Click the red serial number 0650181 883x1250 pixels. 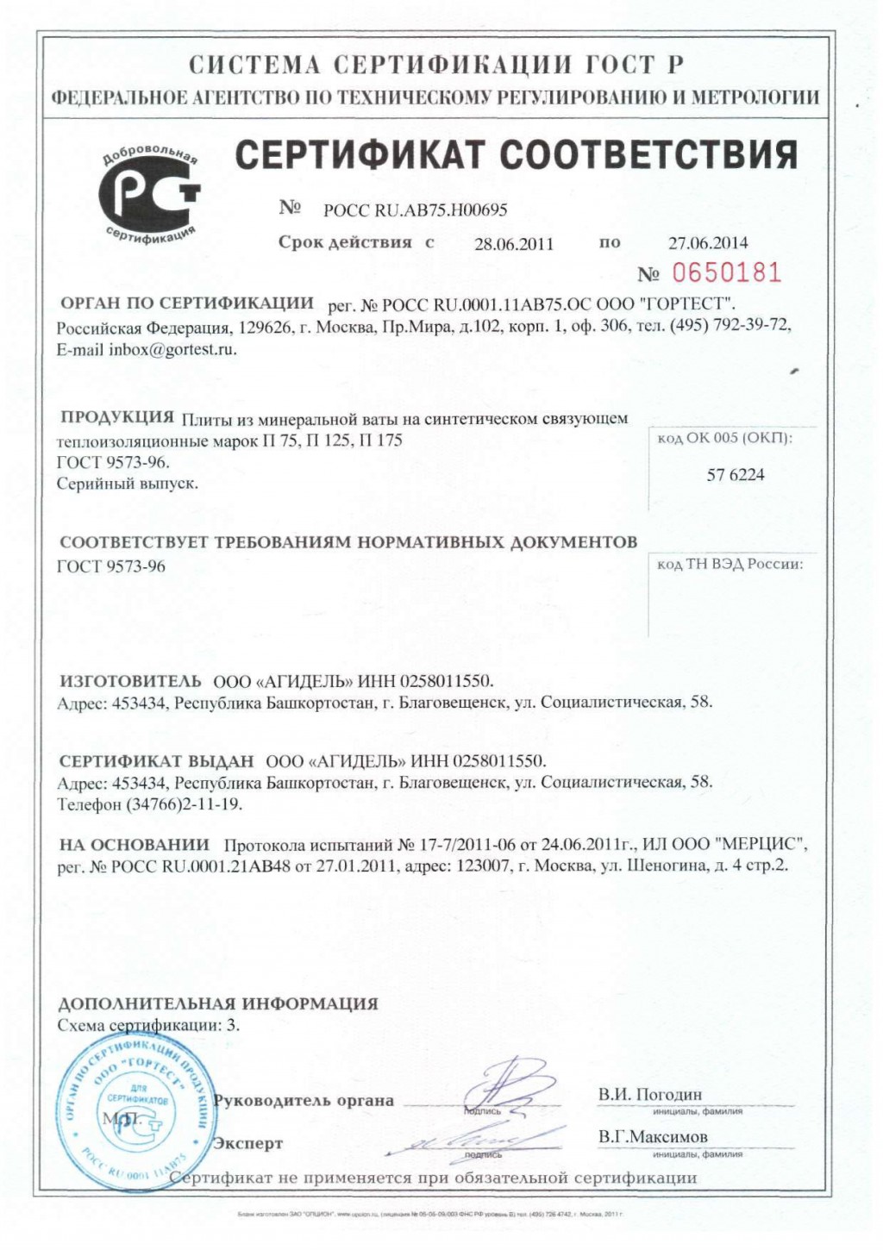tap(726, 273)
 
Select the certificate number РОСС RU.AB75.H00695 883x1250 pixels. tap(415, 209)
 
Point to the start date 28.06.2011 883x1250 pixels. tap(514, 244)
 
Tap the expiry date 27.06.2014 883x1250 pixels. tap(708, 243)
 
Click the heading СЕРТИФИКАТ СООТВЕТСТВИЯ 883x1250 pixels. tap(517, 155)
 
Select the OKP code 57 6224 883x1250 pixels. tap(736, 475)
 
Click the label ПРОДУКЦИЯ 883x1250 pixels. tap(117, 418)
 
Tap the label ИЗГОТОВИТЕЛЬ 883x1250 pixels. tap(130, 681)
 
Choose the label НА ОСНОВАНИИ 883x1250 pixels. tap(134, 845)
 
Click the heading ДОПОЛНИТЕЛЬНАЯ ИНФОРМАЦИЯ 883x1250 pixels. tap(218, 1003)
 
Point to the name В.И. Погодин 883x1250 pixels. tap(650, 1095)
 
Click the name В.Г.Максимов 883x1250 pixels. tap(653, 1137)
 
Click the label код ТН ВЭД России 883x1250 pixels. tap(730, 565)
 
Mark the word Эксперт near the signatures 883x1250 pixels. tap(248, 1144)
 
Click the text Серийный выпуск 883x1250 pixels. tap(128, 484)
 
